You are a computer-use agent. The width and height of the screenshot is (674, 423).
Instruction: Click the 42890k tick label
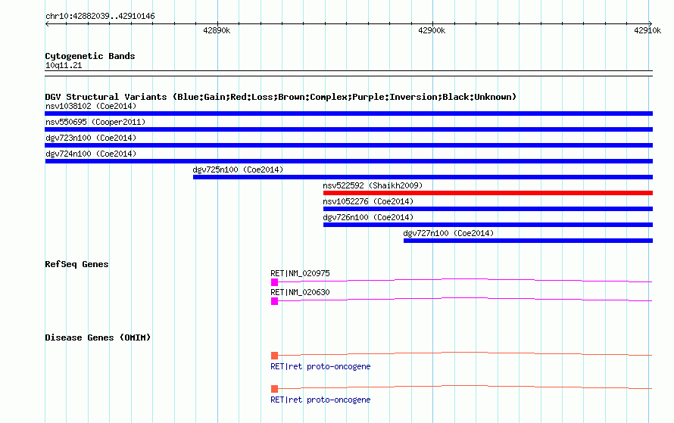click(x=217, y=30)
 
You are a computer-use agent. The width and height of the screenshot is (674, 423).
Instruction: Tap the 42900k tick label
click(x=432, y=30)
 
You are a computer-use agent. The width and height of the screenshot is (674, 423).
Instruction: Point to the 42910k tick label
click(x=647, y=30)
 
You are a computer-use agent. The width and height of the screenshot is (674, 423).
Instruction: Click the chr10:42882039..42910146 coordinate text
click(x=100, y=17)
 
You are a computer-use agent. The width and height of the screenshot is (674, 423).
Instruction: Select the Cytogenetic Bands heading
click(x=90, y=56)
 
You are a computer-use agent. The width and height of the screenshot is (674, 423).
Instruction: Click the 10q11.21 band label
click(x=64, y=65)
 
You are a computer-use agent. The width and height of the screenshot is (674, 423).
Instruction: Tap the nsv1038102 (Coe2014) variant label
click(x=91, y=106)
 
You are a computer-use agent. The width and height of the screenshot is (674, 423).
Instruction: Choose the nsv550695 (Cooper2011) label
click(x=95, y=122)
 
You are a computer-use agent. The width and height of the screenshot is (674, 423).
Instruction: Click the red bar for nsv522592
click(x=488, y=193)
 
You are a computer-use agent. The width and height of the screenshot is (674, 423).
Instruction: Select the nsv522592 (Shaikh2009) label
click(x=373, y=185)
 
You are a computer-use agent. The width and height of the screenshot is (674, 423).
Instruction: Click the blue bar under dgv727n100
click(x=528, y=241)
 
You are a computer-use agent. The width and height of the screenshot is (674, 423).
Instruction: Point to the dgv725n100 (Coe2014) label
click(x=238, y=170)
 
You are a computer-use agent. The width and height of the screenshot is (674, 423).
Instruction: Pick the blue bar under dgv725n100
click(x=423, y=177)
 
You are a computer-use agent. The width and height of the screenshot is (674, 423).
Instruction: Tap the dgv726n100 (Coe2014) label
click(x=368, y=217)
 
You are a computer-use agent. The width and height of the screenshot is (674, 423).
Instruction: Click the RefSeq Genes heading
click(x=76, y=264)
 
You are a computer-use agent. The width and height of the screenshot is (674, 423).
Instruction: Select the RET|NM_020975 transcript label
click(x=300, y=273)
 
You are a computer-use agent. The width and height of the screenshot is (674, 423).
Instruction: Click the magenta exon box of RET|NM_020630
click(x=275, y=301)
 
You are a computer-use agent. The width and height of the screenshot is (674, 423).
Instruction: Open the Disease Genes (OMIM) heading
click(x=98, y=337)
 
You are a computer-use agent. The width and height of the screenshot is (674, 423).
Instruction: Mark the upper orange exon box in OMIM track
click(x=275, y=356)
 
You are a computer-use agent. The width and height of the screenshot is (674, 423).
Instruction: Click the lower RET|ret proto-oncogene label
click(x=320, y=400)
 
